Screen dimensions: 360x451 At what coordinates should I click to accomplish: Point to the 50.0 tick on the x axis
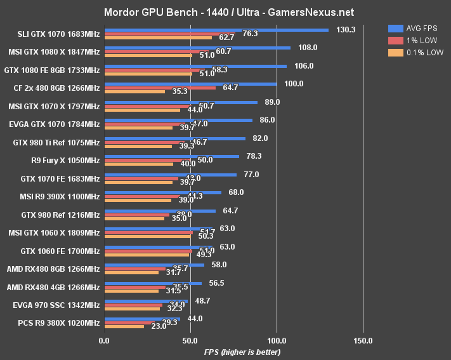pos(190,341)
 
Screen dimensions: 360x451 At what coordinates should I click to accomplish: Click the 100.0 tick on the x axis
pos(277,341)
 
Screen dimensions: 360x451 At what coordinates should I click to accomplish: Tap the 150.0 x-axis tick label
pos(363,341)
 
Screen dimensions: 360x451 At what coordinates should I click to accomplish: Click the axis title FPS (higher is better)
pos(242,352)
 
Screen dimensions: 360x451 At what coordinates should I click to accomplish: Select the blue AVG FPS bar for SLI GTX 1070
pos(216,29)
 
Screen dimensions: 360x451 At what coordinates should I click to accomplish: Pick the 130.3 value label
pos(346,29)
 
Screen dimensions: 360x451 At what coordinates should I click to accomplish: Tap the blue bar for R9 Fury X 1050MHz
pos(172,156)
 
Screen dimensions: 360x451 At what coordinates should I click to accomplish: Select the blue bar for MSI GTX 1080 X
pos(197,48)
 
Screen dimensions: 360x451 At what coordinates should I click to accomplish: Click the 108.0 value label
pos(307,48)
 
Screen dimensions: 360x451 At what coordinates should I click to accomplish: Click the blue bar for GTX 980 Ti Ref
pos(175,138)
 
